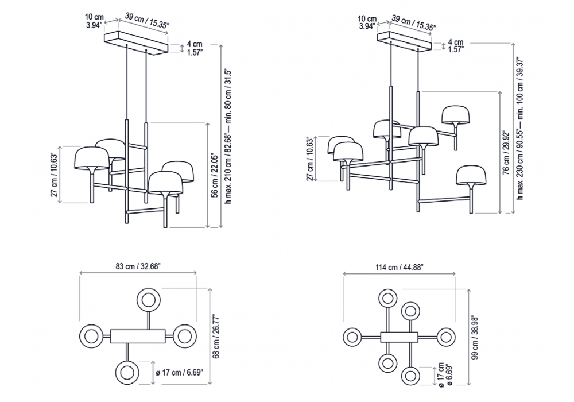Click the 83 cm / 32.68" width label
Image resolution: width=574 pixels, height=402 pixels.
(x=138, y=265)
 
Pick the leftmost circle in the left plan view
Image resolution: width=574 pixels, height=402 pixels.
(x=91, y=335)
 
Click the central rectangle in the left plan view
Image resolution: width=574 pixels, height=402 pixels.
(x=137, y=335)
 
